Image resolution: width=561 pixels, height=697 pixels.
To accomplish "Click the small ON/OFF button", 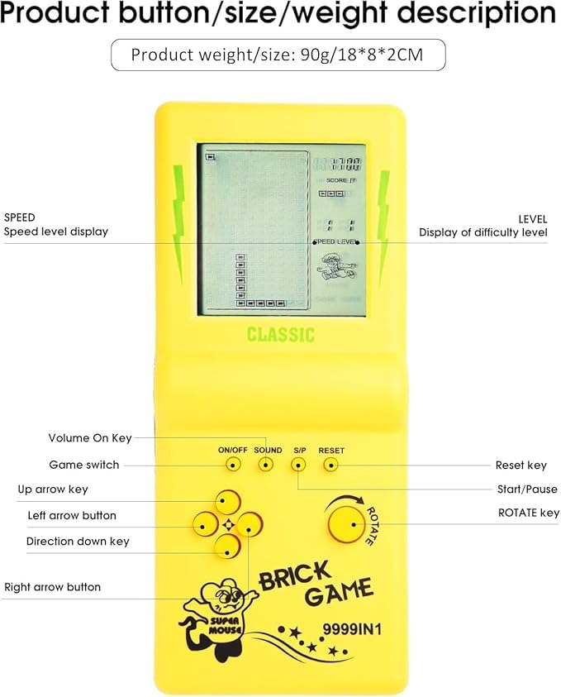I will click(234, 465).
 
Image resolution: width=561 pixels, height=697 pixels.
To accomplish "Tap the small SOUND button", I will click(266, 465).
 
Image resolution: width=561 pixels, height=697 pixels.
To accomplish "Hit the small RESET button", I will click(330, 465).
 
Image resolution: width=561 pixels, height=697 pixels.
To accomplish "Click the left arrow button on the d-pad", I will click(205, 523).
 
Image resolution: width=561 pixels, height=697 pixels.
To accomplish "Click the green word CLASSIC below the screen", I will click(280, 335).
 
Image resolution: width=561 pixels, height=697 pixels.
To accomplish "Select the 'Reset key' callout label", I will click(521, 465).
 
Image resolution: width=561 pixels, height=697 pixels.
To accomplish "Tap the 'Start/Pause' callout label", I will click(526, 489).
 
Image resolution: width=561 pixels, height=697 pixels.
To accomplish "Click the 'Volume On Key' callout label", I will click(89, 438).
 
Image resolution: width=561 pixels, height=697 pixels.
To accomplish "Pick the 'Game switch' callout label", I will click(84, 465).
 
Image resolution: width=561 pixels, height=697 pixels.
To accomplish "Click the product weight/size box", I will click(278, 55).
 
